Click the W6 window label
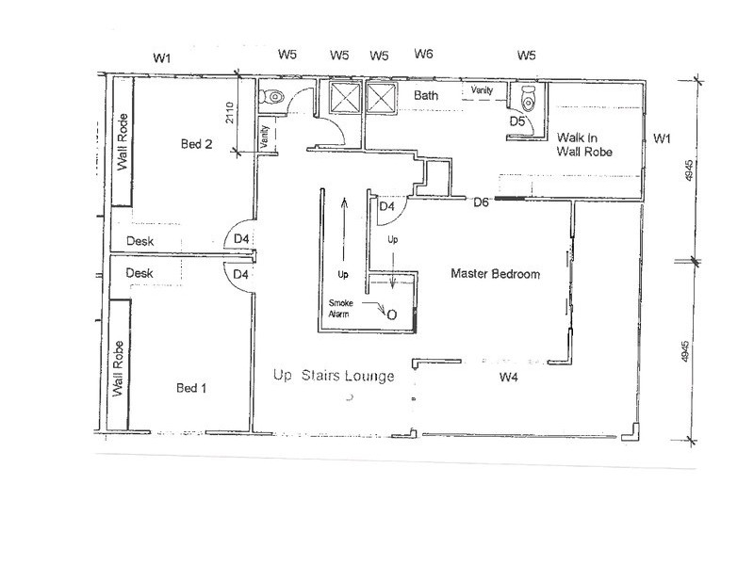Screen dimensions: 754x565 [423, 54]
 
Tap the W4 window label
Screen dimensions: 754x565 [508, 378]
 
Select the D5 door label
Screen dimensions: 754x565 [516, 121]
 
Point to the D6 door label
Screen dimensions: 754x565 [481, 202]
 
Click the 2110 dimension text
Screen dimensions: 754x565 [229, 112]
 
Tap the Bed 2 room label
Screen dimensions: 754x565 [196, 144]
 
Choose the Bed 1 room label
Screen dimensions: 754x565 [191, 388]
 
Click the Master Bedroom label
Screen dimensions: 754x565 [496, 274]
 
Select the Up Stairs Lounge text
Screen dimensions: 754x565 [334, 375]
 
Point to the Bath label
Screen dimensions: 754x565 [426, 95]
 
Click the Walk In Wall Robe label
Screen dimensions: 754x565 [584, 145]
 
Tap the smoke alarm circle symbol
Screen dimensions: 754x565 [392, 315]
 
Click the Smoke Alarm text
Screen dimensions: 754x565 [340, 309]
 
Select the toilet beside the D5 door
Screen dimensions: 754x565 [528, 98]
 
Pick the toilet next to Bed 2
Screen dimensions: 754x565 [271, 97]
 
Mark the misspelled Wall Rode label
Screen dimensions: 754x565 [123, 142]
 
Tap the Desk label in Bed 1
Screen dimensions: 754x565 [139, 273]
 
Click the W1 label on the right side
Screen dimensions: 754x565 [662, 138]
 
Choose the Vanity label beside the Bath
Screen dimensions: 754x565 [482, 89]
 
